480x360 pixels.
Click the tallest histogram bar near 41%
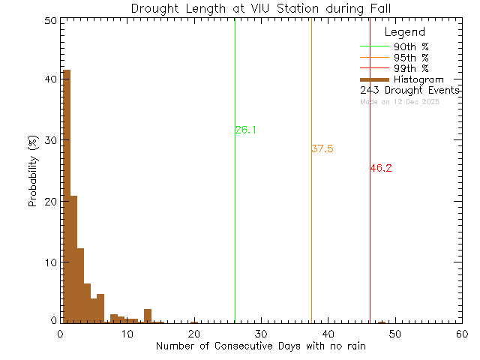coord(67,195)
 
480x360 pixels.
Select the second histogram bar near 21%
coord(73,259)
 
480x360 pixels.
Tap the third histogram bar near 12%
coord(80,285)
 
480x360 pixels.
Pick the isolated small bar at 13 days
coord(148,316)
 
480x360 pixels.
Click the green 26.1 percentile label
coord(246,130)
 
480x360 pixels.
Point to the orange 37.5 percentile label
coord(322,149)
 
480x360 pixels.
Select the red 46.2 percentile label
coord(381,169)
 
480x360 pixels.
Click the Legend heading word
coord(404,33)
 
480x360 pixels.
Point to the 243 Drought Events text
coord(409,91)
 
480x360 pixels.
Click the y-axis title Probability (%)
coord(34,171)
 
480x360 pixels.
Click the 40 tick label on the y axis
coord(49,79)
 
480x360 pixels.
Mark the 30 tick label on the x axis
coord(260,333)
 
